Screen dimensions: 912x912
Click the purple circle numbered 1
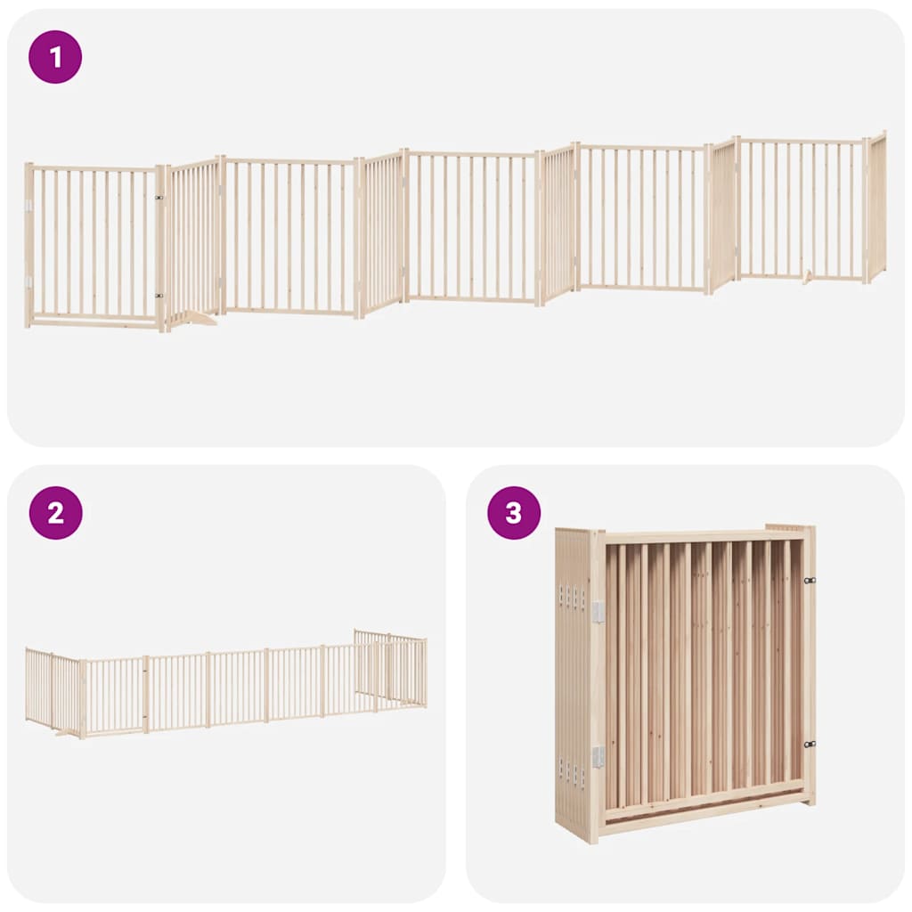click(x=55, y=57)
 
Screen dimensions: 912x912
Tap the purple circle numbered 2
click(x=55, y=513)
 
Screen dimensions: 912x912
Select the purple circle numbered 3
click(x=514, y=513)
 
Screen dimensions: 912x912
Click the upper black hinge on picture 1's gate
click(x=159, y=198)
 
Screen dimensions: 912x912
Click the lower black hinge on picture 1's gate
click(x=159, y=296)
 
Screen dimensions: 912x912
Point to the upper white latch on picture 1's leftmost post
click(x=29, y=206)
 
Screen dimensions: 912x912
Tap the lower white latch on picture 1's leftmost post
click(x=29, y=281)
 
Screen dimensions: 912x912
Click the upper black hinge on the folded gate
click(x=809, y=581)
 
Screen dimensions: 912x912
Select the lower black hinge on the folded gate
click(x=809, y=744)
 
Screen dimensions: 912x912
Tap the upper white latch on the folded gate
click(x=598, y=609)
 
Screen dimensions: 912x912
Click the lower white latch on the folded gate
click(x=598, y=756)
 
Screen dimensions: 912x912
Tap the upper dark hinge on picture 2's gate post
click(x=144, y=672)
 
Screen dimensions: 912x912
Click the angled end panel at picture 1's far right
click(x=876, y=207)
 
